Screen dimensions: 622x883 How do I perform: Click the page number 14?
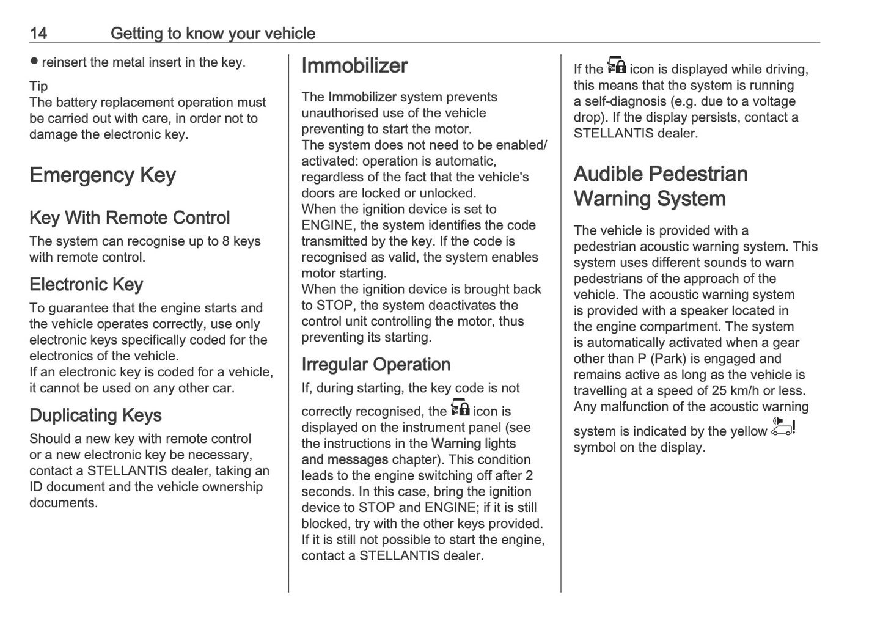click(38, 33)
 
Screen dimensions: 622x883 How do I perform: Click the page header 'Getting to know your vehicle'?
click(213, 33)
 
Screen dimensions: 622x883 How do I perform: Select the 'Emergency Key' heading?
click(103, 175)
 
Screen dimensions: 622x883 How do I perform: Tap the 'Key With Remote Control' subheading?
click(130, 218)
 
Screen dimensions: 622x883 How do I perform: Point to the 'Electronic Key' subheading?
click(86, 284)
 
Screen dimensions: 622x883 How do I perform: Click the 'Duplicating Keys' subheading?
click(95, 415)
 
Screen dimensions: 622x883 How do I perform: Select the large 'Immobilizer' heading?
click(354, 66)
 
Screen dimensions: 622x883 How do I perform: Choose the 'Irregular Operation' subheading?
click(376, 364)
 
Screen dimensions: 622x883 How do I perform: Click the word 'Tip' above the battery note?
click(38, 86)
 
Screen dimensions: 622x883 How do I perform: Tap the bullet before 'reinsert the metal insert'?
click(34, 61)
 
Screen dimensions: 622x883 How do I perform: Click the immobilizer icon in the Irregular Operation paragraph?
click(460, 408)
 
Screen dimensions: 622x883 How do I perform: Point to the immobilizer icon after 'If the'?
click(616, 65)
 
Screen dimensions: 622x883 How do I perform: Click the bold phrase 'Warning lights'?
click(474, 444)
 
